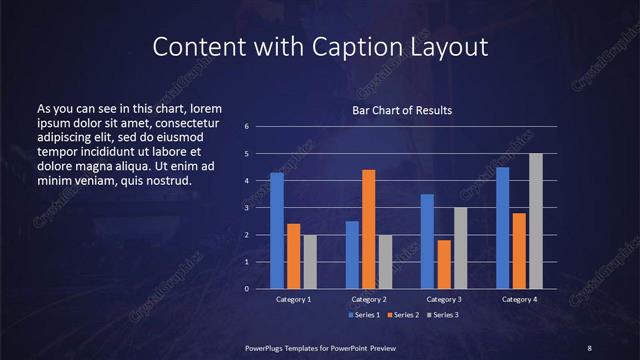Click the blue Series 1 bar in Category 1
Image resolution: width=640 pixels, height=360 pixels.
pos(276,231)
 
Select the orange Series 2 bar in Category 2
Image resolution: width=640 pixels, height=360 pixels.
pos(368,229)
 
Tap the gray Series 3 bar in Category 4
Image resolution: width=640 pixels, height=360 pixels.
pos(536,221)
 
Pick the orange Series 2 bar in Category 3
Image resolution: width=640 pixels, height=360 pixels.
pos(444,264)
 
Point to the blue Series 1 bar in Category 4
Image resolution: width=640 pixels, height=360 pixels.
pos(502,228)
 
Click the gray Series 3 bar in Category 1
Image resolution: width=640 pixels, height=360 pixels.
pos(310,262)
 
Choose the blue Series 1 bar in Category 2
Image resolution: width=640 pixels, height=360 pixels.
pos(352,255)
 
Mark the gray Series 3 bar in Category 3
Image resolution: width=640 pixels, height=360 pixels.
pos(460,248)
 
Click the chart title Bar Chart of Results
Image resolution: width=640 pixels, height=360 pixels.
pos(402,110)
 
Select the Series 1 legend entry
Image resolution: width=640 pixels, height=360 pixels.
pos(365,315)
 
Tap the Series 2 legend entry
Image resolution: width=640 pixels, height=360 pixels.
pos(402,315)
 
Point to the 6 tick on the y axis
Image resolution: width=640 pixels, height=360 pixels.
pos(247,127)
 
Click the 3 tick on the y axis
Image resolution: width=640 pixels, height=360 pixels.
pos(247,208)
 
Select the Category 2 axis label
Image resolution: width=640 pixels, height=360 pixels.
pos(368,299)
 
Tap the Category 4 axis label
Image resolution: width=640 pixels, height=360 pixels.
pos(519,299)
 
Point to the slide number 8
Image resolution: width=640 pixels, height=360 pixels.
pos(589,347)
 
